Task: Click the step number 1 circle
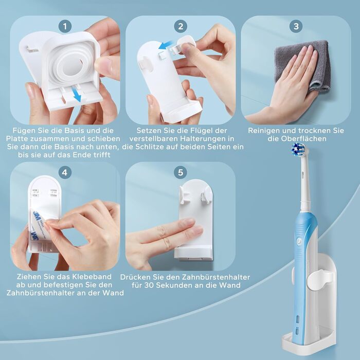pos(65,26)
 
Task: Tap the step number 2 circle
pos(181,26)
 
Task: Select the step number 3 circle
pos(296,26)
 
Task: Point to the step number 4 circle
pos(65,172)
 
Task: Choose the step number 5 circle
pos(181,172)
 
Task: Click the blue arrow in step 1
pos(76,94)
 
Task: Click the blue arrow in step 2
pos(166,45)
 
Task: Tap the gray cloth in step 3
pos(303,64)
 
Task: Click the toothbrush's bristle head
pos(298,150)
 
